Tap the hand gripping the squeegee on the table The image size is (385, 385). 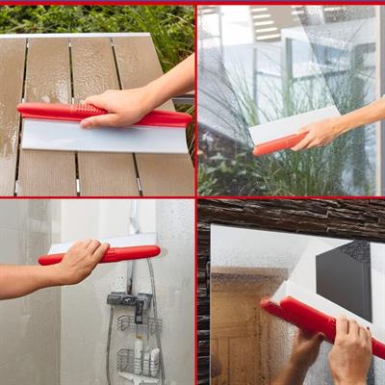120,106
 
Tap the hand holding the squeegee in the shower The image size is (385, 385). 82,260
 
